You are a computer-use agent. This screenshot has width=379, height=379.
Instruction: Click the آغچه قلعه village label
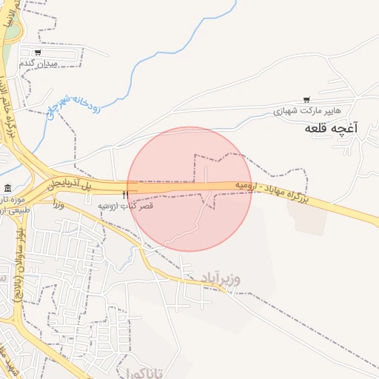[331, 129]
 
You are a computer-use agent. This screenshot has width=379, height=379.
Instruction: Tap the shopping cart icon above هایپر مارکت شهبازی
[307, 100]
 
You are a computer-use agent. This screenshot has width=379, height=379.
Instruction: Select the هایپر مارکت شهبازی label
[307, 111]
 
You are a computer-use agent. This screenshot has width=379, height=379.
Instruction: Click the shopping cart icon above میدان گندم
[38, 53]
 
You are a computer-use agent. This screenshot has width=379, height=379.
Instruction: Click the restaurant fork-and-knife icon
[135, 195]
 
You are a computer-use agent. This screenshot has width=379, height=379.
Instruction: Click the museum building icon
[7, 188]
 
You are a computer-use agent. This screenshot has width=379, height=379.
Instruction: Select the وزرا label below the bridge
[59, 204]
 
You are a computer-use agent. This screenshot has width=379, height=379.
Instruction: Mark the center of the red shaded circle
[189, 189]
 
